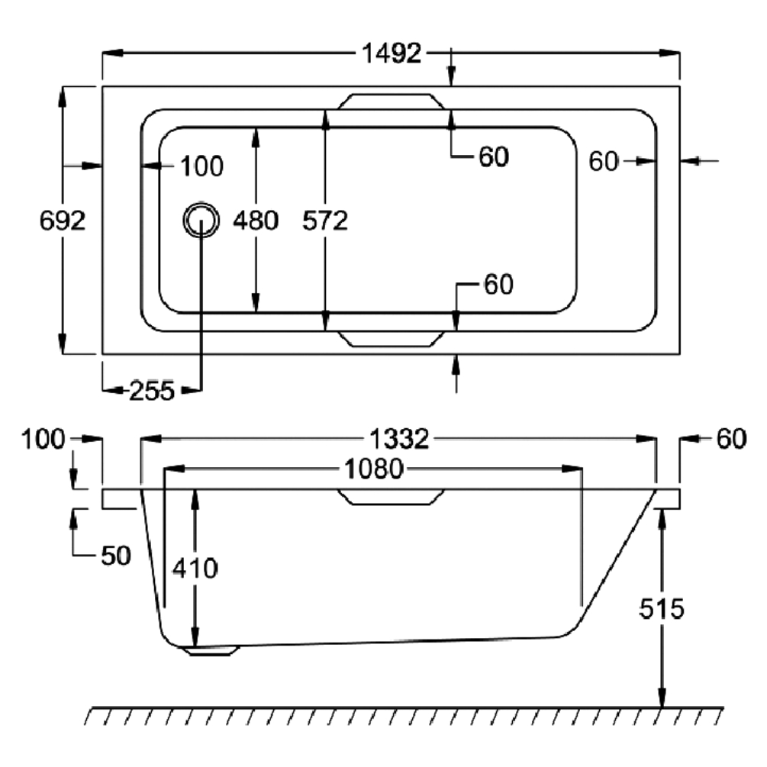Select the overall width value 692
(61, 221)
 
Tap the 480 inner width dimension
(256, 221)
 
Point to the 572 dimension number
(325, 221)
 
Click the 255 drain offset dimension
(151, 391)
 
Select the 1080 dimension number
(372, 469)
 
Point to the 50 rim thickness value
(115, 555)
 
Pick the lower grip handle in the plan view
(391, 339)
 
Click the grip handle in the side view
(391, 497)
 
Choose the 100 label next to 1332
(45, 439)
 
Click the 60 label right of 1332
(731, 439)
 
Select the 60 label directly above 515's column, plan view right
(603, 161)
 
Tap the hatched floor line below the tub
(404, 715)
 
